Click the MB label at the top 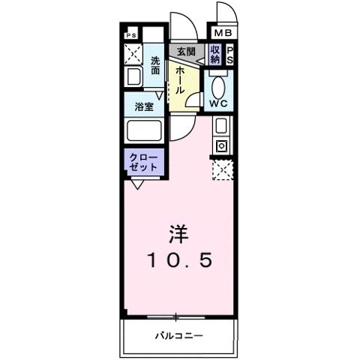coord(223,33)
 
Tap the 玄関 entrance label coord(185,52)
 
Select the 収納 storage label coord(215,54)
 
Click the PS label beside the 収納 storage coord(230,54)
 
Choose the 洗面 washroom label coord(155,65)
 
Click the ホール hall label coord(181,78)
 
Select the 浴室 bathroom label coord(145,106)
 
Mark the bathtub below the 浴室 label coord(145,132)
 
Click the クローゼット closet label coord(142,162)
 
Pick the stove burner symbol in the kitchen coord(222,145)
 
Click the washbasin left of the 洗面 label coord(133,76)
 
